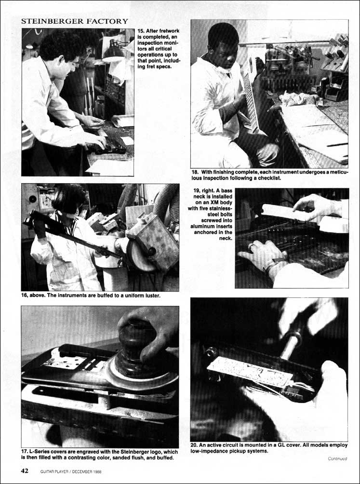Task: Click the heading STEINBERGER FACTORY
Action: pyautogui.click(x=74, y=21)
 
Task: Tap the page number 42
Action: pyautogui.click(x=25, y=471)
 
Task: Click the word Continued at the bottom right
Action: pyautogui.click(x=337, y=458)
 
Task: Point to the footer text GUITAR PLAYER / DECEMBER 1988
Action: pyautogui.click(x=71, y=471)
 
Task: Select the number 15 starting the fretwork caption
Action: pyautogui.click(x=140, y=31)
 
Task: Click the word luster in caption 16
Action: pyautogui.click(x=152, y=296)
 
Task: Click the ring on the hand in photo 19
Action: pyautogui.click(x=253, y=247)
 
